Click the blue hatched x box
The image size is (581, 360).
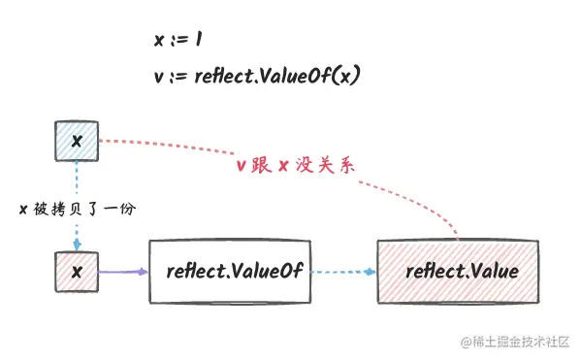pos(77,142)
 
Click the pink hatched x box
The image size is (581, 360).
pos(77,271)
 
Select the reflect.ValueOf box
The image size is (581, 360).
pos(229,271)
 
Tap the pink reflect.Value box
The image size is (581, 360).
pos(461,271)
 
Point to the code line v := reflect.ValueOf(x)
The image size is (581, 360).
pos(257,77)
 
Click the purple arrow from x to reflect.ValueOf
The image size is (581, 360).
pos(123,272)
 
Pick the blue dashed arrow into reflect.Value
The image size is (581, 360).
pos(342,272)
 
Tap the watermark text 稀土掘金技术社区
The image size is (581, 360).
pos(520,342)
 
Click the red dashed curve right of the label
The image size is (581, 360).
pos(417,194)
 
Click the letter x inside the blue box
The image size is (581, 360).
pos(77,142)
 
